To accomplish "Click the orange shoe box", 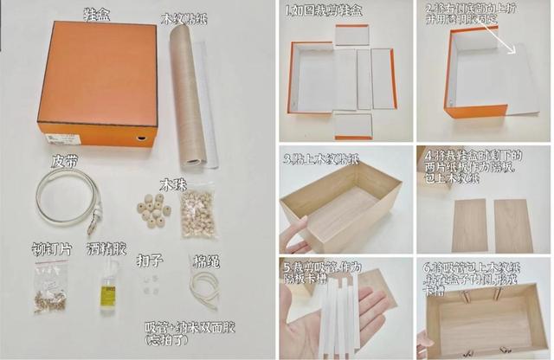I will click(x=97, y=82).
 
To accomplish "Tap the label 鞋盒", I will click(x=98, y=15).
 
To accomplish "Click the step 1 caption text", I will click(x=329, y=12).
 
